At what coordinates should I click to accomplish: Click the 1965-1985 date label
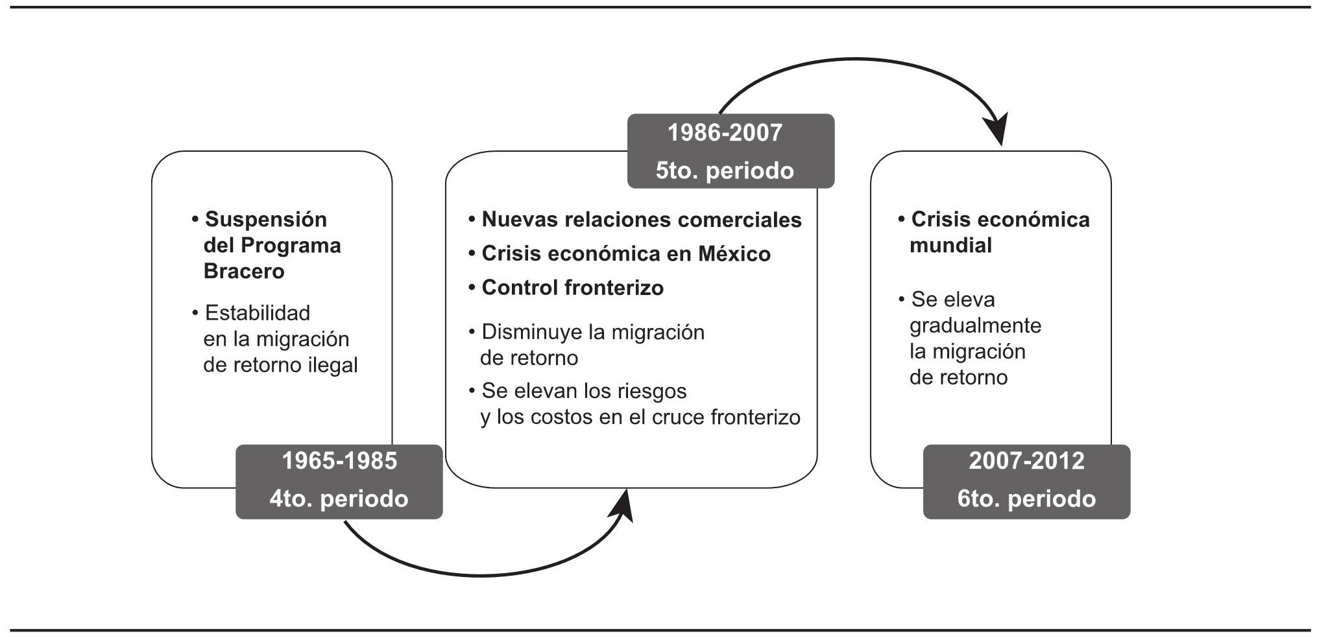(339, 461)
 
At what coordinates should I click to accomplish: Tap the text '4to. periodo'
(339, 499)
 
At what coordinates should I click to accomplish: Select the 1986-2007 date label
(725, 133)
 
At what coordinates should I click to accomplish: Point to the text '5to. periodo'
(725, 171)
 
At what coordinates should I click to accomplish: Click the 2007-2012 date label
(1026, 461)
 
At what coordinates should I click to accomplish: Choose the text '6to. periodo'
(1026, 499)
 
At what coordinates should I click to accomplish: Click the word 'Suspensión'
(266, 219)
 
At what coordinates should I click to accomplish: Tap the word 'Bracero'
(244, 271)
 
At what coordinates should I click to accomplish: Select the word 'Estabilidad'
(258, 313)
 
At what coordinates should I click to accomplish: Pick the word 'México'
(734, 254)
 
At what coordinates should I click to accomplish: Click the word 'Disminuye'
(532, 332)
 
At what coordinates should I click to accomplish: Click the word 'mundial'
(950, 245)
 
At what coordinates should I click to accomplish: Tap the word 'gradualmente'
(975, 325)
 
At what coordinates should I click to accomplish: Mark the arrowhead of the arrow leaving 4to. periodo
(623, 505)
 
